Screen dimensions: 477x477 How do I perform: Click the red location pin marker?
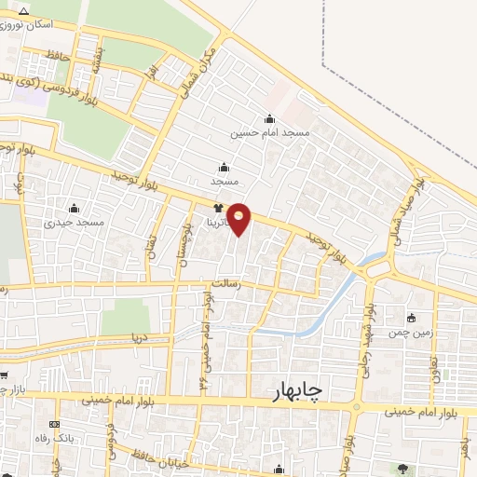[x=240, y=218]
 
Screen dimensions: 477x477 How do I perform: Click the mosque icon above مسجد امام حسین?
[x=270, y=118]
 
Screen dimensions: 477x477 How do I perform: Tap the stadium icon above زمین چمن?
[x=412, y=317]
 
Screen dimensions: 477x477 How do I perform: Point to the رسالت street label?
[x=225, y=288]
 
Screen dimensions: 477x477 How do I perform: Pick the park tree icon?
[x=402, y=469]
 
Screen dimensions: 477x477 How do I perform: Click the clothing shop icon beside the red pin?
[x=218, y=209]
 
